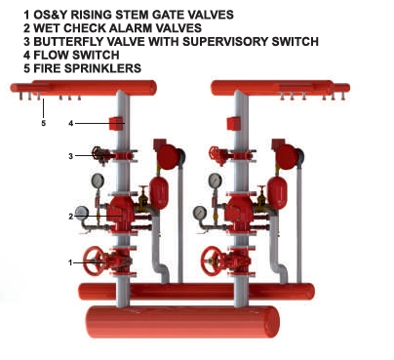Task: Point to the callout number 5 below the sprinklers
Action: click(44, 123)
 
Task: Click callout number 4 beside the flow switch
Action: click(71, 123)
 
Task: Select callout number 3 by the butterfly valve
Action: click(71, 156)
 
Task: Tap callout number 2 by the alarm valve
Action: click(71, 217)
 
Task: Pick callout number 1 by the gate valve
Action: click(70, 262)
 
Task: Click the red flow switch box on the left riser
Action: click(116, 124)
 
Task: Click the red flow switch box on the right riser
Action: click(234, 124)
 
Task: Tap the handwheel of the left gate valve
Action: click(95, 261)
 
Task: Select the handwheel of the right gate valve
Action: click(213, 261)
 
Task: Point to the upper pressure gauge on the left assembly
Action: click(98, 180)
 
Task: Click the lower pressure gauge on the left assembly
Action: click(82, 213)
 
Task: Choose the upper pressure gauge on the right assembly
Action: click(216, 180)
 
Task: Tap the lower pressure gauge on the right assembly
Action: click(200, 213)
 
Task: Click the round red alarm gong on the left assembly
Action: click(168, 157)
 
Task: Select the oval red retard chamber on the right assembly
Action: click(277, 193)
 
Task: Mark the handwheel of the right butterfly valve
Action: click(215, 155)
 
